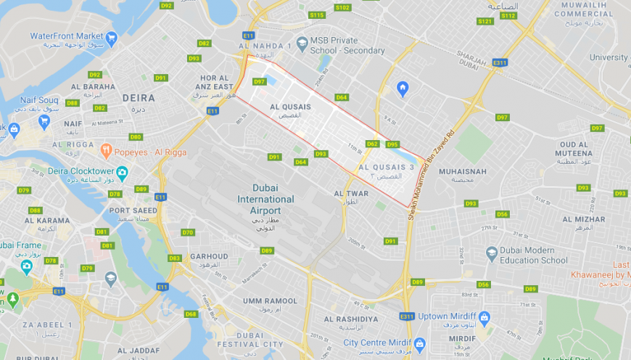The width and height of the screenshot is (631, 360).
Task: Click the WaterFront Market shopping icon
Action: (x=111, y=37)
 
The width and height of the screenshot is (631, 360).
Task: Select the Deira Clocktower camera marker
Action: (x=122, y=173)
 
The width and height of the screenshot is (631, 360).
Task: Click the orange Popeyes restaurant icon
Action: (x=106, y=151)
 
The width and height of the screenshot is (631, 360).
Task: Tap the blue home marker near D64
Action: (x=403, y=89)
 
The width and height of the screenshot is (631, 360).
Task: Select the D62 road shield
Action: (x=372, y=144)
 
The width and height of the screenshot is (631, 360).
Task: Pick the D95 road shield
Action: (x=392, y=144)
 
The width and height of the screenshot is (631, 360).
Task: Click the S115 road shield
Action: (x=317, y=15)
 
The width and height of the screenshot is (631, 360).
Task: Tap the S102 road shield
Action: (x=342, y=7)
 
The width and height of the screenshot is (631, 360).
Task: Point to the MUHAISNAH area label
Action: (x=462, y=171)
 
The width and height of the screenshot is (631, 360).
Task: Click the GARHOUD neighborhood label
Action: (x=209, y=256)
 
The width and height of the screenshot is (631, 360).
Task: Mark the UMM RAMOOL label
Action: (x=270, y=300)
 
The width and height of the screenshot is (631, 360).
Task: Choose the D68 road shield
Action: (x=191, y=314)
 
